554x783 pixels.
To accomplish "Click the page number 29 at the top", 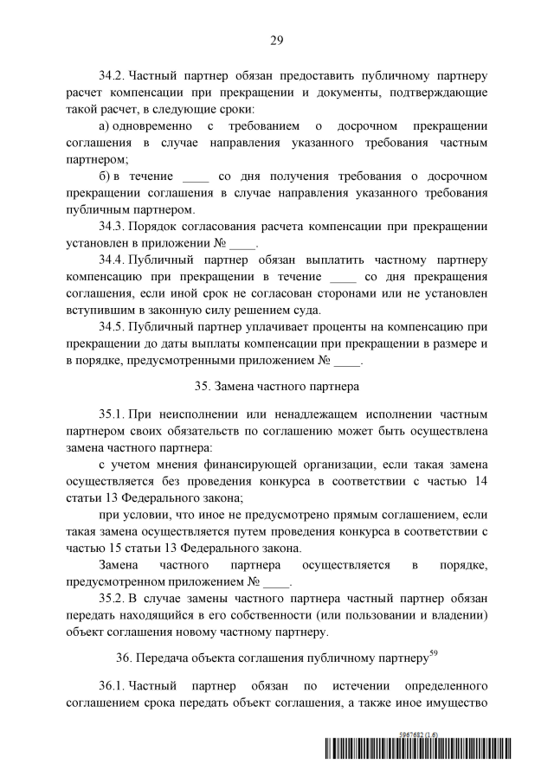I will (x=277, y=39).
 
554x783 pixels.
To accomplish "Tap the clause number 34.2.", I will (x=113, y=74).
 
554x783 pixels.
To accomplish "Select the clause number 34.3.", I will (x=113, y=226).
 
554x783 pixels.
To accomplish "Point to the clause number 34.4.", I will (x=113, y=259).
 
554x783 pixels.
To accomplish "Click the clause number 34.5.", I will (x=113, y=326).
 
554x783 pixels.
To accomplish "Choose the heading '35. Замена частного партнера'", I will (x=277, y=378).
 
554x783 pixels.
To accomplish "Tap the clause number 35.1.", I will (x=113, y=413).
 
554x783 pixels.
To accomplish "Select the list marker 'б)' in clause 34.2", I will (x=106, y=176).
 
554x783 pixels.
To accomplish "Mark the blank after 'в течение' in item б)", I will (x=196, y=176).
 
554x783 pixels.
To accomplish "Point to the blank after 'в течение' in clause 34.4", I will (x=344, y=277).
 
